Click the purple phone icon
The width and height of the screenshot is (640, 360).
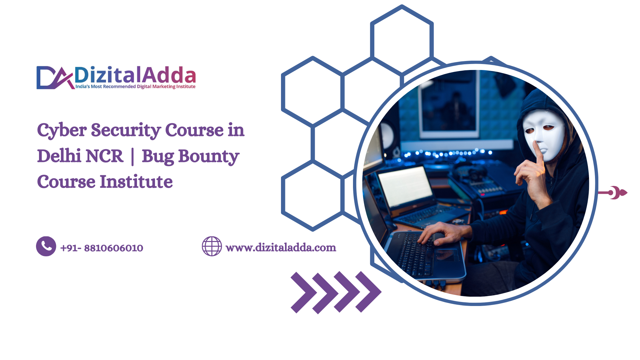click(46, 246)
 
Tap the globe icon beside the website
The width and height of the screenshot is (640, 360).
click(212, 246)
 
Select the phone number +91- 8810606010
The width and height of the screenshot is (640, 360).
click(102, 248)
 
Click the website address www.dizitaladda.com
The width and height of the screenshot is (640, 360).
click(281, 248)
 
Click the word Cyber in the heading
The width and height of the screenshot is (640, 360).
click(62, 131)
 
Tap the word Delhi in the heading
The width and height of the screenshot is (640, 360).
click(59, 156)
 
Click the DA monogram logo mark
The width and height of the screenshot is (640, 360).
click(55, 78)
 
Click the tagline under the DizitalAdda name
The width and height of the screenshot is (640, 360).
click(135, 87)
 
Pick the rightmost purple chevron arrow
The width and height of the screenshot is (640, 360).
click(368, 292)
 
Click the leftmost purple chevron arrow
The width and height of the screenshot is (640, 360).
click(304, 292)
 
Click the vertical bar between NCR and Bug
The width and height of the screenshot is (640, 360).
click(133, 157)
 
